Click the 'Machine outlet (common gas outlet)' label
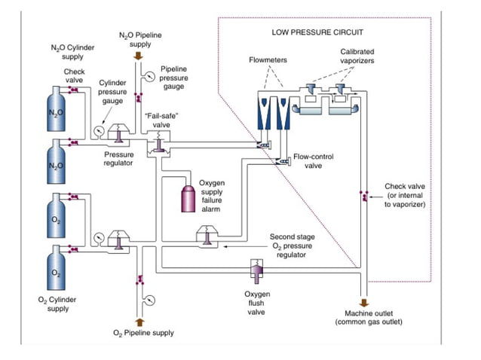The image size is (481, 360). (367, 317)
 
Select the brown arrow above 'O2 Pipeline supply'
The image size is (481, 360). (139, 319)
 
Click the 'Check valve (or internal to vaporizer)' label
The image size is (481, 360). (407, 195)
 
